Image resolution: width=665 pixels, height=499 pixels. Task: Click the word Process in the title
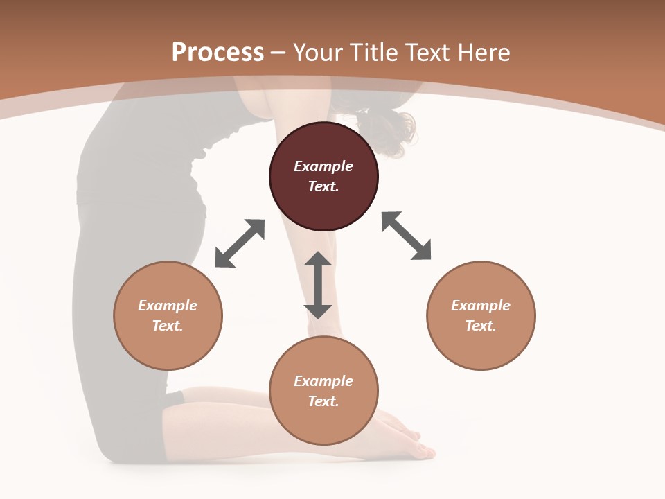[218, 53]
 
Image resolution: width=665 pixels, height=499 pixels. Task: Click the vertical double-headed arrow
[318, 286]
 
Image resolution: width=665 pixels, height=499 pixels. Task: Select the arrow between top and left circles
[240, 243]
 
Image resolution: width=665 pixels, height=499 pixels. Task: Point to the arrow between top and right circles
[406, 236]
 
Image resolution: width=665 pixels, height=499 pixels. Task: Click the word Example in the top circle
[323, 166]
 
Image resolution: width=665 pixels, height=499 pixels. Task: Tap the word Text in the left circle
[168, 326]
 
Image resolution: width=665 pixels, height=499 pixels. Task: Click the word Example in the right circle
[481, 306]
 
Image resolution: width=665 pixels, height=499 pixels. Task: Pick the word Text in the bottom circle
[323, 401]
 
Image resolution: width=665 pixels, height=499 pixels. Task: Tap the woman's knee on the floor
[111, 447]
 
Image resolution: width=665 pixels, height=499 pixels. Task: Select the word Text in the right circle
[481, 326]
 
